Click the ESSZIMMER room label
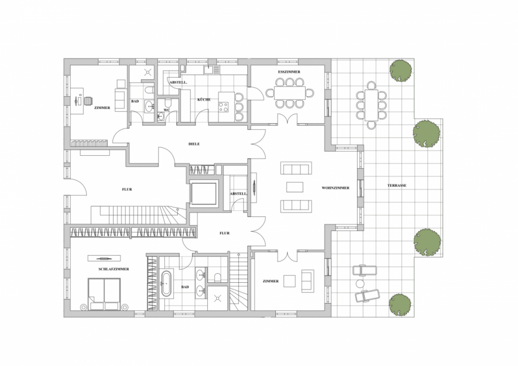289,72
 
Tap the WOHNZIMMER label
336,188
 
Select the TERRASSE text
397,186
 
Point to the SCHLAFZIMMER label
114,269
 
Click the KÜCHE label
204,100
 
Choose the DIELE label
194,144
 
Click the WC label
167,110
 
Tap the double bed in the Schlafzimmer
104,294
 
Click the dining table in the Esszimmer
290,93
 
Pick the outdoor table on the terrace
371,106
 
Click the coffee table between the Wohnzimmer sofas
294,187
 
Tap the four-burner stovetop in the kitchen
224,107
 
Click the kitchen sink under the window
209,70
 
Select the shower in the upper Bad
148,71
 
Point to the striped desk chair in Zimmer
88,100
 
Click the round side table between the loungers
359,283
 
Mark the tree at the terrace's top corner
401,71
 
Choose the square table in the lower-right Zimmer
289,281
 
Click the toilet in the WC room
167,102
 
